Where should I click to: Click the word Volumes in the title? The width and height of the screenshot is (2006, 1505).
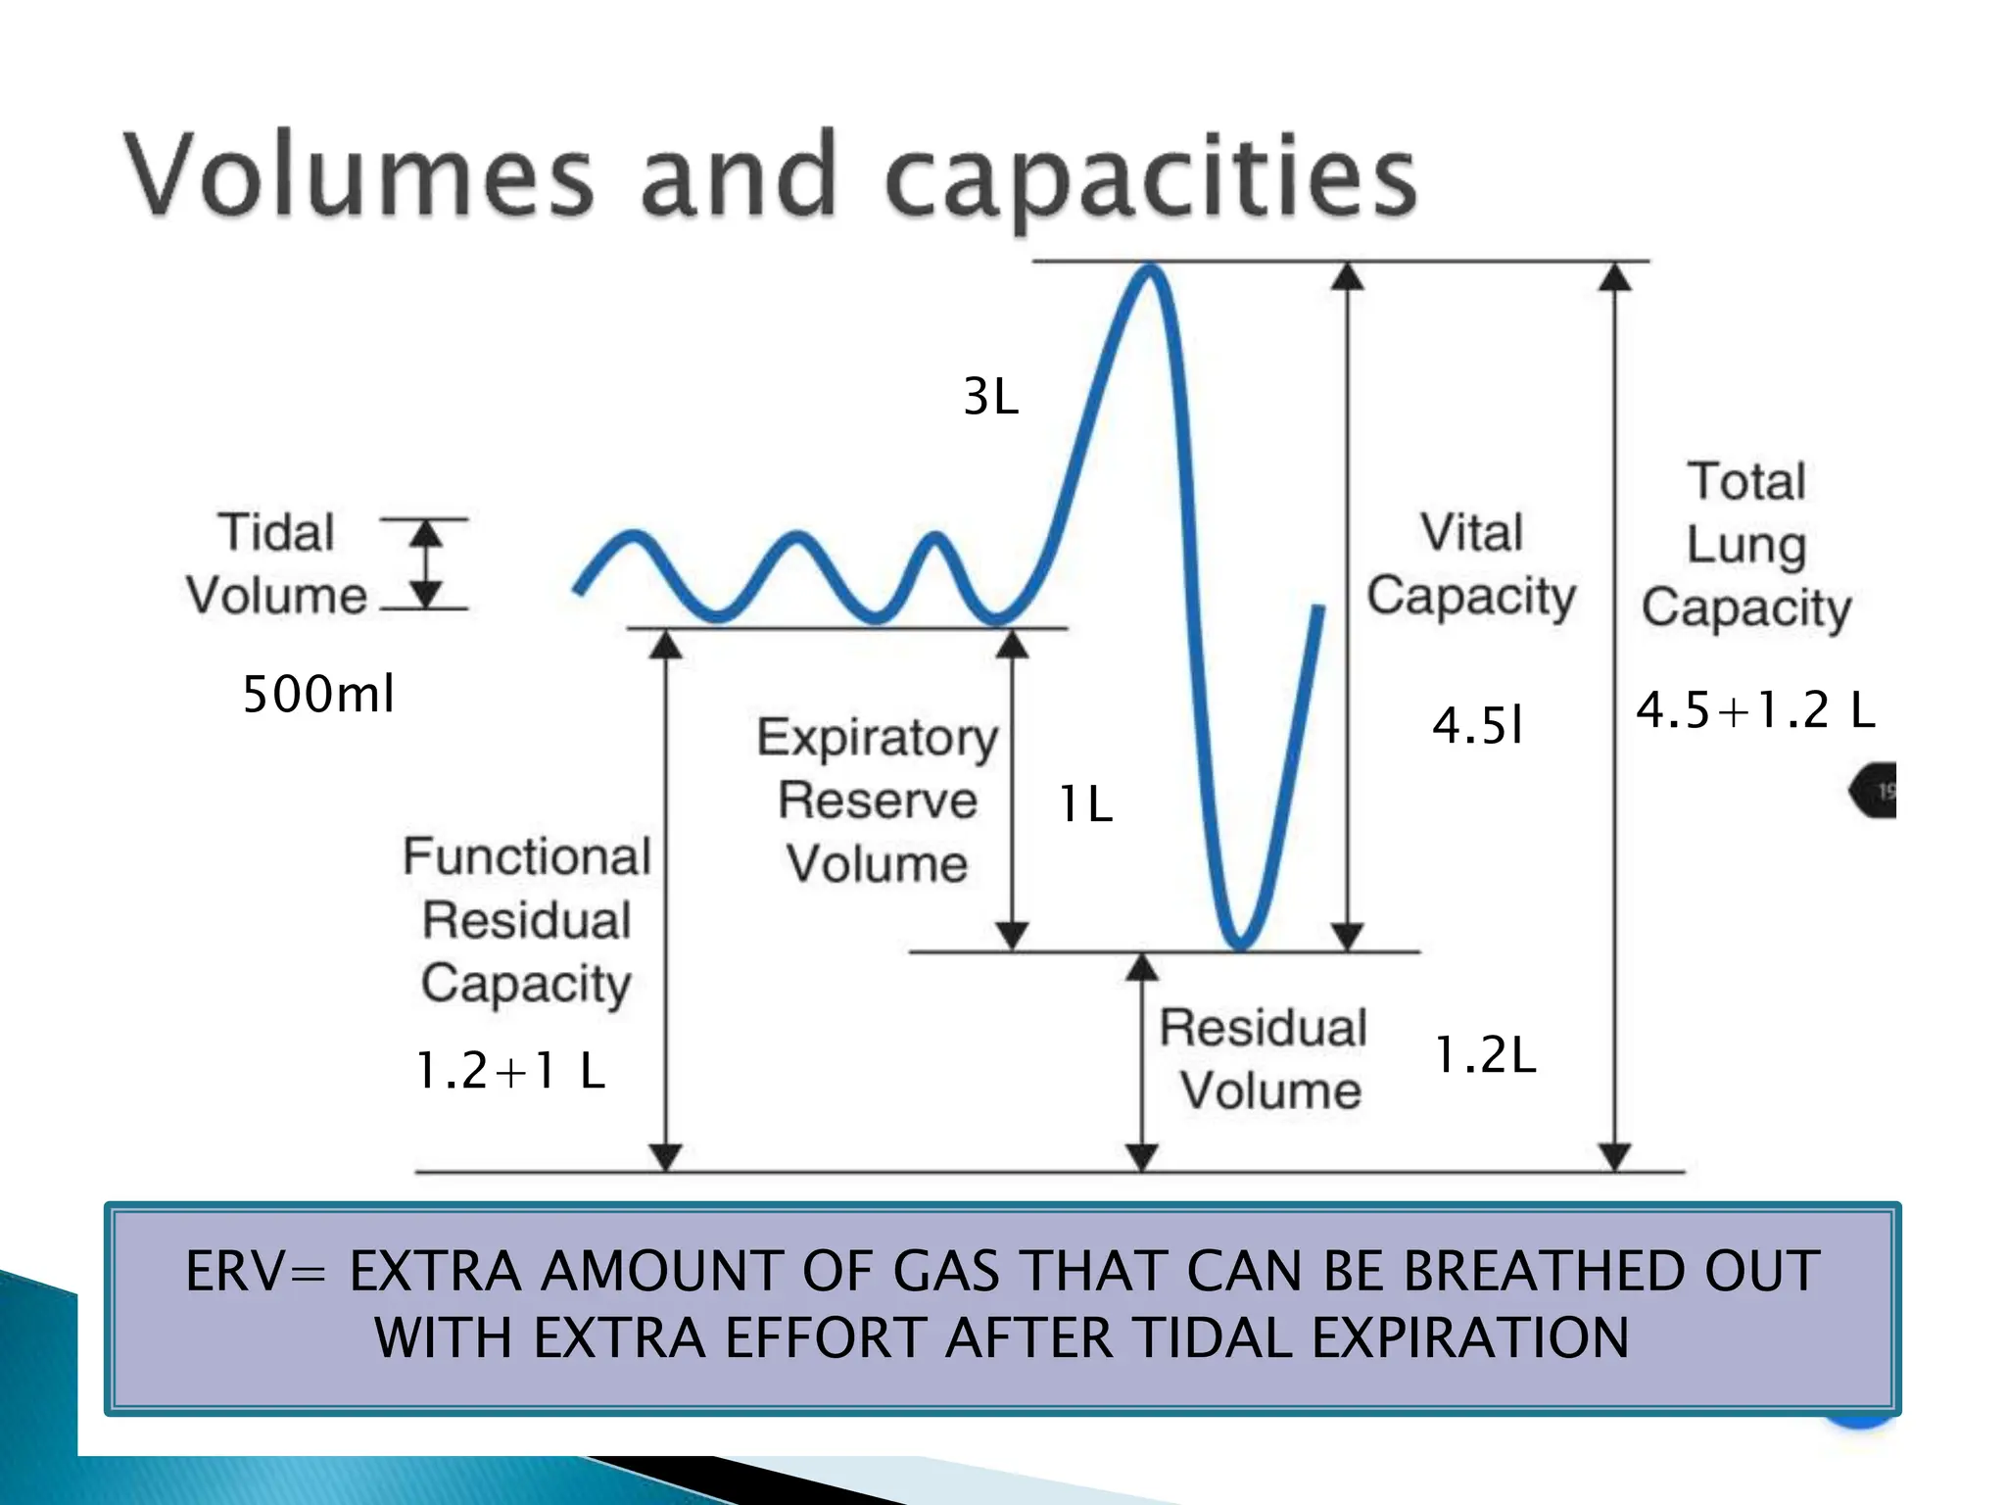[x=358, y=176]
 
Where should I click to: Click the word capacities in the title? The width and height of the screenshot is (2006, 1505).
[x=1151, y=181]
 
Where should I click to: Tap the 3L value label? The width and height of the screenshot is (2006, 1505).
[x=991, y=397]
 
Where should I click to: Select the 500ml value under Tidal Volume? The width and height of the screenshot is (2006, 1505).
[x=318, y=694]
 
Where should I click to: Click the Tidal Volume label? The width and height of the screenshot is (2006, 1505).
[x=277, y=564]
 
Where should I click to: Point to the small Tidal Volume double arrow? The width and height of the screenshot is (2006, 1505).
[x=425, y=564]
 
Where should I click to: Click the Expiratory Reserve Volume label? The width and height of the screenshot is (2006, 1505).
[x=878, y=801]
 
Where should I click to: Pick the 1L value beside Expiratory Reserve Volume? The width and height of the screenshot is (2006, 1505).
[x=1085, y=804]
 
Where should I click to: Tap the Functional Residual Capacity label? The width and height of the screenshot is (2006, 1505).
[x=527, y=919]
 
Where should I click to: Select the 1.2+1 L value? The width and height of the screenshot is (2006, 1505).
[x=510, y=1070]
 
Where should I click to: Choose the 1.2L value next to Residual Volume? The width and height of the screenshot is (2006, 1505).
[x=1485, y=1055]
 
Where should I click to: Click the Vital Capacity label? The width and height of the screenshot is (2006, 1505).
[x=1471, y=564]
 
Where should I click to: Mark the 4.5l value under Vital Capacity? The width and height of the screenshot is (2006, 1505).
[x=1477, y=726]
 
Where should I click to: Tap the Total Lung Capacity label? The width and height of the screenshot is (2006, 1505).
[x=1746, y=545]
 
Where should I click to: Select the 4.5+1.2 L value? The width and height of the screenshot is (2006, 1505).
[x=1755, y=709]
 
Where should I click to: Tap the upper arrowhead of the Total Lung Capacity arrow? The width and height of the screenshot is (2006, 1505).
[x=1614, y=278]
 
